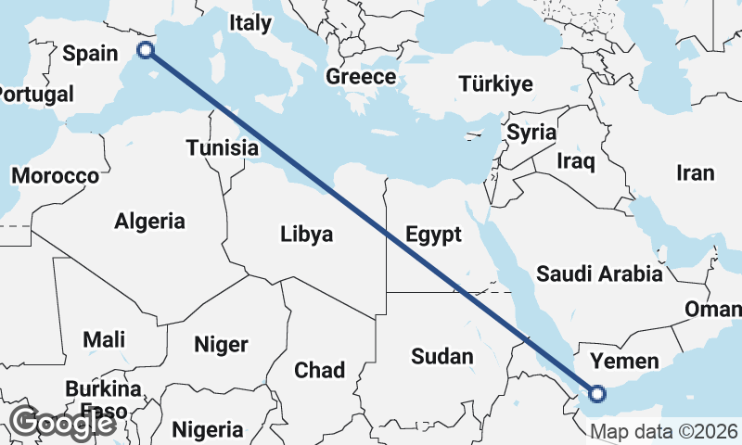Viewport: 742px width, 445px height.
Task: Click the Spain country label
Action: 90,54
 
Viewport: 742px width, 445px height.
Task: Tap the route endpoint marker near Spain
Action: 145,50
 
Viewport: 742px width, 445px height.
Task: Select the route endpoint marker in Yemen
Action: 596,394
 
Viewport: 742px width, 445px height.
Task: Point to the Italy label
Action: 250,22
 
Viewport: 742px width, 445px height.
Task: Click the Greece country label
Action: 361,77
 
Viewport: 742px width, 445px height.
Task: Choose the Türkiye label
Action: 495,84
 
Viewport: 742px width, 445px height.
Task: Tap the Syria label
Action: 531,133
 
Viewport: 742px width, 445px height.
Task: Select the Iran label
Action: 696,172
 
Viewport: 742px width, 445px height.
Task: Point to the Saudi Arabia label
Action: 600,273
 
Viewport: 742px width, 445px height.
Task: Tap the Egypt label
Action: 433,235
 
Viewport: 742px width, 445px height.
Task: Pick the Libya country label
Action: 306,235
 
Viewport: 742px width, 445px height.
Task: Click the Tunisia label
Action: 222,147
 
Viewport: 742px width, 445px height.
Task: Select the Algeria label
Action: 149,222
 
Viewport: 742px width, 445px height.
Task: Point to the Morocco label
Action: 56,175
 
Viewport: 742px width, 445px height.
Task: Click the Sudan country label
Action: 441,356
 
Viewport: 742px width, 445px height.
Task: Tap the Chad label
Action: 320,370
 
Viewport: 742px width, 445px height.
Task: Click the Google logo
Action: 61,424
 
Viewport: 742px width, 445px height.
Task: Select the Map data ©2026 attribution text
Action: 663,431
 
